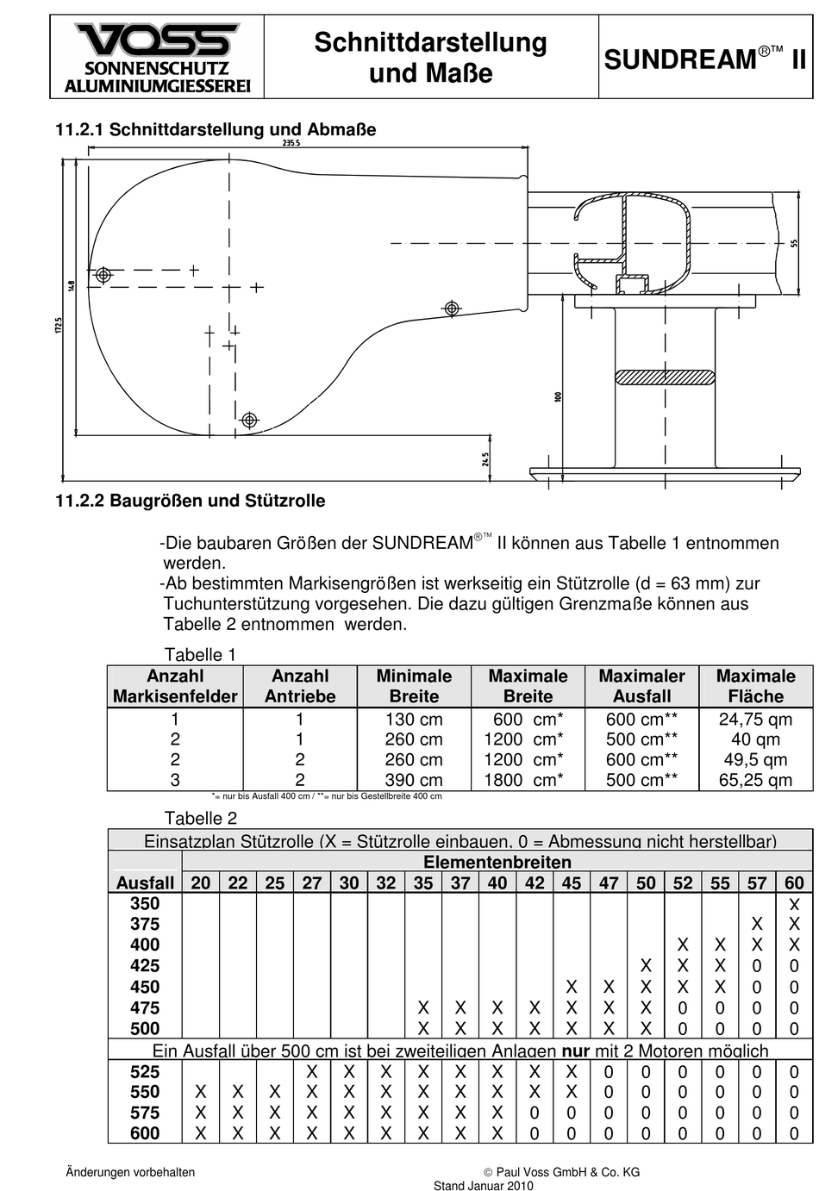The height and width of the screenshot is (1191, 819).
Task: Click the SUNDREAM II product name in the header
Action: [705, 59]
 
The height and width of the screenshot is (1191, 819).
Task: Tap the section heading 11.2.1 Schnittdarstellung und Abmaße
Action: [216, 130]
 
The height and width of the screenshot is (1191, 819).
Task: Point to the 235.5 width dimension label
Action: [291, 143]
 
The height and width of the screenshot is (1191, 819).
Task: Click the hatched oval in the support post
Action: [665, 377]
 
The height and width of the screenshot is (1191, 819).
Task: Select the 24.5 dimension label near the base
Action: [485, 459]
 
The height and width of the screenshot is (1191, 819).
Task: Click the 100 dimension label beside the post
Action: [558, 396]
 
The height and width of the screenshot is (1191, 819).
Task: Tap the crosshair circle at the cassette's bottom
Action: [250, 421]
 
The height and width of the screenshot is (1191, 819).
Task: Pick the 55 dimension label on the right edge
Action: [793, 244]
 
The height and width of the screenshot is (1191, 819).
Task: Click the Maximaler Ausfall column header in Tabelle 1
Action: [641, 686]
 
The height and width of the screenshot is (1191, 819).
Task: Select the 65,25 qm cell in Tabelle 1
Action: [755, 781]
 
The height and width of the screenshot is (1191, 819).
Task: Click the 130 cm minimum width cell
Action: [414, 720]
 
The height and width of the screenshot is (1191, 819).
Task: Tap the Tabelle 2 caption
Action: [200, 818]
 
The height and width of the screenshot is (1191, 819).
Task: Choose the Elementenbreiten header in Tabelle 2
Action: [497, 862]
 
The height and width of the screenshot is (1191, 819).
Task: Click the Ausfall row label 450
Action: [145, 987]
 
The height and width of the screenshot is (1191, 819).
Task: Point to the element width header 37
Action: [460, 882]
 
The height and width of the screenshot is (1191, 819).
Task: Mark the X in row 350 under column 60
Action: [794, 904]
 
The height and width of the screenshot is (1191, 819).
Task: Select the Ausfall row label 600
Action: [145, 1134]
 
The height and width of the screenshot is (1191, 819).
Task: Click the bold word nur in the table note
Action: [576, 1051]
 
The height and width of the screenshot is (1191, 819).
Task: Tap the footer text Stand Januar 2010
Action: [483, 1186]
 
